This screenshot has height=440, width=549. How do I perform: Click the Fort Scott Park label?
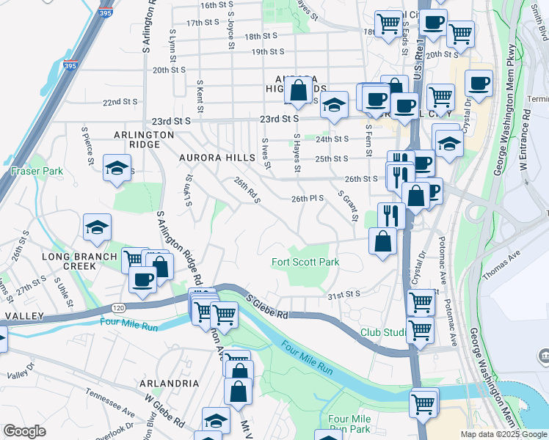pos(305,262)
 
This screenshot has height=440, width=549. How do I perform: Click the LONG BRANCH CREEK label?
pos(79,262)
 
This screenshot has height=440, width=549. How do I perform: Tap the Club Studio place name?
pos(383,332)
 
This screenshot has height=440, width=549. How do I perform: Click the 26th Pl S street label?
pos(308,198)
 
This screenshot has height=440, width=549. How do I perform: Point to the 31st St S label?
pos(344,294)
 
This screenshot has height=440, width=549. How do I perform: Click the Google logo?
pos(24,431)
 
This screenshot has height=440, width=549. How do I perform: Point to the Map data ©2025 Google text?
pos(504,434)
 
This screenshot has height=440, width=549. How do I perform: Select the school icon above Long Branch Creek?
pos(97,228)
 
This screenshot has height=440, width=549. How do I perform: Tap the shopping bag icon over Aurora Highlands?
pos(299,91)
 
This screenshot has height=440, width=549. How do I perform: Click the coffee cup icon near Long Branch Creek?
pos(142,278)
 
